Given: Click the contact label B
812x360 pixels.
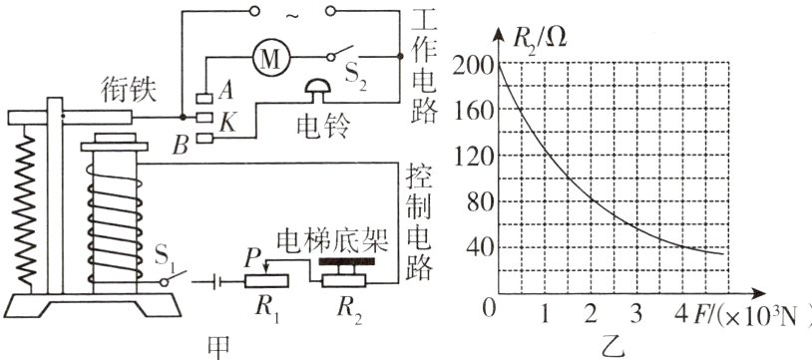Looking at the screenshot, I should coord(180,146).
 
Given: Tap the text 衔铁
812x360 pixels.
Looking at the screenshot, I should coord(125,91).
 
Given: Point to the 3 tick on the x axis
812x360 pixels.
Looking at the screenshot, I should coord(636,313).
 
